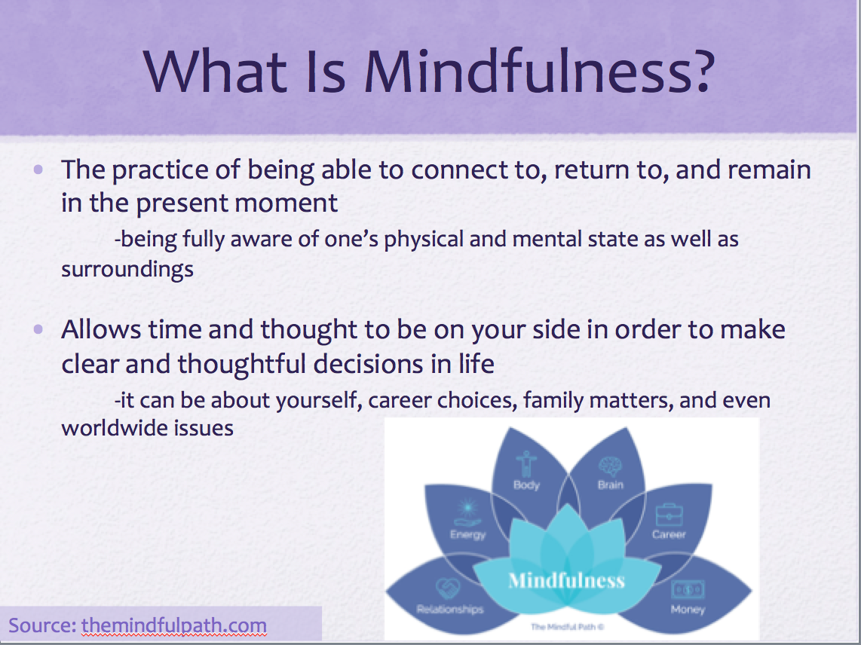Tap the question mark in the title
(x=700, y=71)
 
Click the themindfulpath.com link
(x=174, y=625)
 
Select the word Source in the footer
(x=42, y=625)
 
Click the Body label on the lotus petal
(x=526, y=485)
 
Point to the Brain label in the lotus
(x=611, y=485)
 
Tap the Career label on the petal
(x=669, y=534)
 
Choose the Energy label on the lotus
(x=468, y=535)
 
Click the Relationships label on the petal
(x=449, y=610)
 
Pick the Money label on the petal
(x=688, y=610)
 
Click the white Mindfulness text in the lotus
(x=567, y=580)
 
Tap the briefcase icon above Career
(x=669, y=515)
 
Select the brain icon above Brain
(x=610, y=466)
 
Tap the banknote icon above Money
(x=688, y=589)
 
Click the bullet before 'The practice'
(x=38, y=169)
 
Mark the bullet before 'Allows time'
(x=38, y=329)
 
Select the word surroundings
(x=127, y=270)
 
